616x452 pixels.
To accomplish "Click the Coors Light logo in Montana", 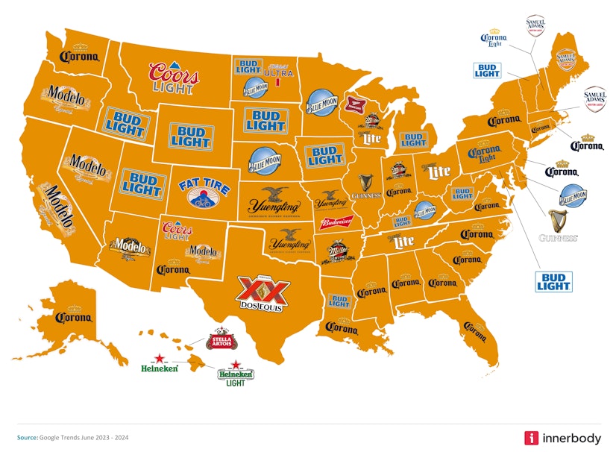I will pos(175,78).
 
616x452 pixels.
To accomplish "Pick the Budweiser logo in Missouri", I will pos(333,222).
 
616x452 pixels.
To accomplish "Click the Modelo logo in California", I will pos(60,206).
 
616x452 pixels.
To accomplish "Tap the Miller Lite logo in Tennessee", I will pos(404,240).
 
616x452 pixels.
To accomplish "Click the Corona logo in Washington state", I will pos(79,55).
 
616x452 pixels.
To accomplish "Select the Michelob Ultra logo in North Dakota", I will pos(277,73).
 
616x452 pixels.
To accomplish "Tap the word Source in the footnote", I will pos(28,436).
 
